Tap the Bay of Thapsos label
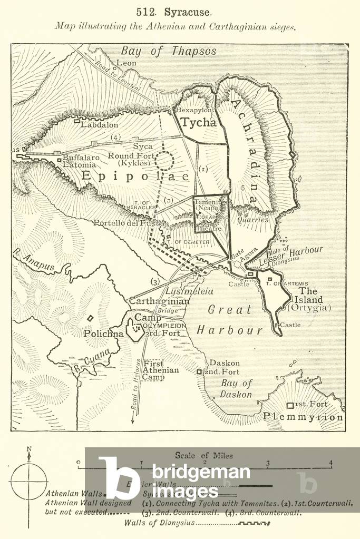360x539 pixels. tap(169, 51)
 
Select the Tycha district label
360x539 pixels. tap(198, 123)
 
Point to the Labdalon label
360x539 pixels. tap(99, 125)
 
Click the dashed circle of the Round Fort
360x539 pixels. tap(165, 160)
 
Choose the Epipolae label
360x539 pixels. tap(134, 177)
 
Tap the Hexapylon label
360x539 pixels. tap(193, 111)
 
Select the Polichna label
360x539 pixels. tap(103, 334)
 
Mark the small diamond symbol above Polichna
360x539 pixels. tap(90, 318)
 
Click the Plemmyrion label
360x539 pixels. tap(303, 417)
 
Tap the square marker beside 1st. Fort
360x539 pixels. tap(289, 405)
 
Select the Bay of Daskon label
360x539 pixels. tap(236, 389)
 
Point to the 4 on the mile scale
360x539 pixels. tap(330, 464)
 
